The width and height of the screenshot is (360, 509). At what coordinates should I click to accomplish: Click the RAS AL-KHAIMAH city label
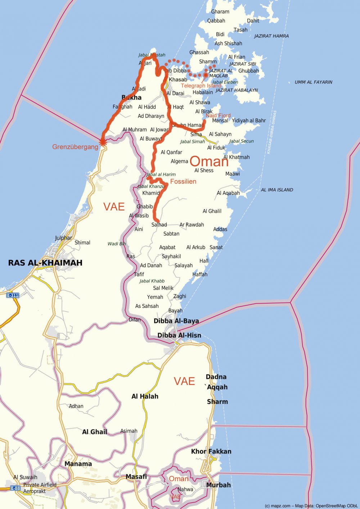pyautogui.click(x=45, y=263)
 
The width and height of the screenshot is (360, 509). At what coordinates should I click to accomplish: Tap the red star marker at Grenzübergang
pyautogui.click(x=103, y=142)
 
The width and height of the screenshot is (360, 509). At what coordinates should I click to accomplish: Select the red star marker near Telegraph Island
pyautogui.click(x=206, y=75)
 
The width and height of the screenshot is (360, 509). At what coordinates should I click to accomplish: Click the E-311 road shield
pyautogui.click(x=13, y=295)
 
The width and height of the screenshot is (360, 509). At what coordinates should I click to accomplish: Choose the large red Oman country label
pyautogui.click(x=209, y=162)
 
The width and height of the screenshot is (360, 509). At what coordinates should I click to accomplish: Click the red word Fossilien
pyautogui.click(x=183, y=182)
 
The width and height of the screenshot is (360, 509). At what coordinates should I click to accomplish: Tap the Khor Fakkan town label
pyautogui.click(x=211, y=451)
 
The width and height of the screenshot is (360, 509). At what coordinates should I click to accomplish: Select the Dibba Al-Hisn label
pyautogui.click(x=179, y=335)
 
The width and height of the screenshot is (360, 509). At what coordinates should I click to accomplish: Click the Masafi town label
pyautogui.click(x=136, y=477)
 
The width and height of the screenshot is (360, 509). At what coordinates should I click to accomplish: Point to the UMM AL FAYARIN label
pyautogui.click(x=313, y=82)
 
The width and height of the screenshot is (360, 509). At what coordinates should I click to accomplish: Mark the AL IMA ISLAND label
pyautogui.click(x=277, y=190)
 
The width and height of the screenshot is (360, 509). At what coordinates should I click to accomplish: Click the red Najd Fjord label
pyautogui.click(x=218, y=115)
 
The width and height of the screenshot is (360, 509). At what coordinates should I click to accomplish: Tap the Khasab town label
pyautogui.click(x=178, y=79)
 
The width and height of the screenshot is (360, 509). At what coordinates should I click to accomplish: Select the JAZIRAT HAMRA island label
pyautogui.click(x=271, y=36)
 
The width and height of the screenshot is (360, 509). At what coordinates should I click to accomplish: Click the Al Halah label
pyautogui.click(x=145, y=396)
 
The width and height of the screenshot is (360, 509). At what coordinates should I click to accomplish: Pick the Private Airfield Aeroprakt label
pyautogui.click(x=40, y=488)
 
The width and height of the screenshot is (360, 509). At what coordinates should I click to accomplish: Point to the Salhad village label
pyautogui.click(x=159, y=225)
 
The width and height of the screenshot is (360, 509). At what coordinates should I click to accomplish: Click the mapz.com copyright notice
pyautogui.click(x=311, y=506)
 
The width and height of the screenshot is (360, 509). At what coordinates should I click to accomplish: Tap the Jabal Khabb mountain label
pyautogui.click(x=152, y=281)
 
